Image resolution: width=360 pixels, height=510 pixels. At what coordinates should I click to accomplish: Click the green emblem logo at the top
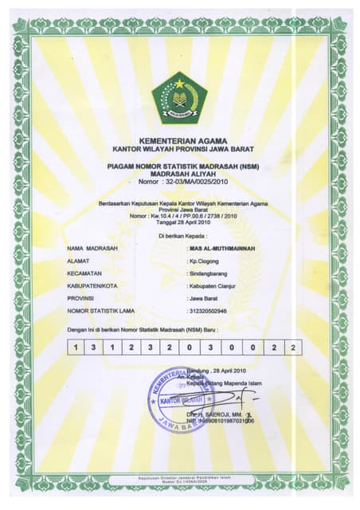pos(179,96)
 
